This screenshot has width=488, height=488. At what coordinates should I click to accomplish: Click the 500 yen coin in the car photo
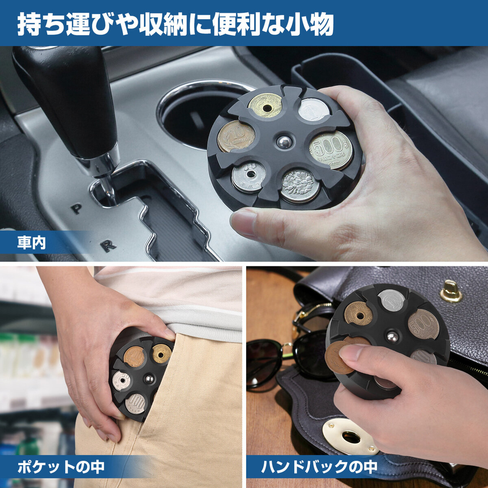coord(331,150)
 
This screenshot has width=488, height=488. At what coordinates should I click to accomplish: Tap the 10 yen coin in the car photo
coord(236,136)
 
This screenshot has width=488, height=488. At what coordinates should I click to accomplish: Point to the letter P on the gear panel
coord(76,209)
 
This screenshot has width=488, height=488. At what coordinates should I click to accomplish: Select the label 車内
coord(31,242)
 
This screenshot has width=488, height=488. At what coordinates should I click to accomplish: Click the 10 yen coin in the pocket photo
coord(134,356)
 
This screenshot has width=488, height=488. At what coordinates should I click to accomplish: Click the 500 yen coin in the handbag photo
coord(423,325)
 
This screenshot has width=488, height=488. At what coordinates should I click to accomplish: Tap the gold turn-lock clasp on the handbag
coord(451,292)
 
